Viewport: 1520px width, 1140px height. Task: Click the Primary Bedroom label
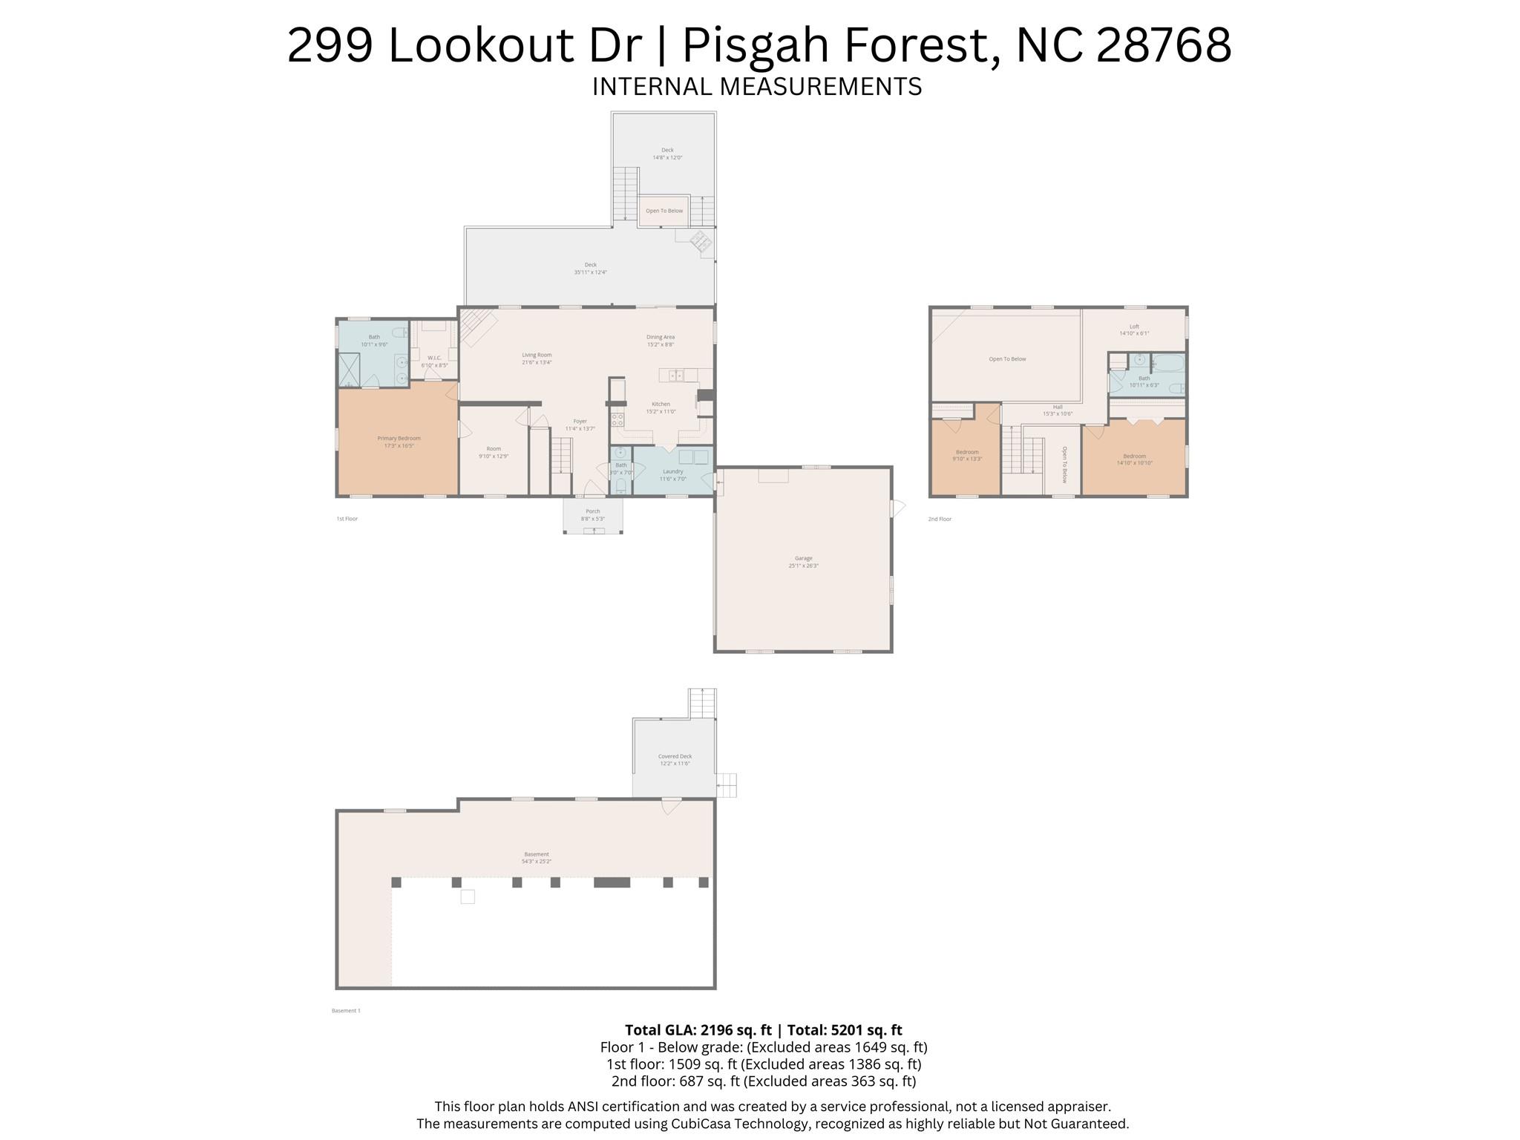pos(399,439)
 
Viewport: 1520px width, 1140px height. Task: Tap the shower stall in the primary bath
pos(349,369)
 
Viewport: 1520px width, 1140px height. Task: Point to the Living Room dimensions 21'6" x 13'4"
pos(537,362)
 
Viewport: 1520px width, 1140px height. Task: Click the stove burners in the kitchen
pos(617,419)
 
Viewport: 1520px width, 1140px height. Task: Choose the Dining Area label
pos(660,337)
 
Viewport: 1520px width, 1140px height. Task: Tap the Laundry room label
pos(672,471)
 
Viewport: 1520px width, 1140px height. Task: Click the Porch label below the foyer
pos(592,511)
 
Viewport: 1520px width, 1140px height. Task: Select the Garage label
pos(803,558)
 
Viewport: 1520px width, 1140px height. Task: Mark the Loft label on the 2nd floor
pos(1134,327)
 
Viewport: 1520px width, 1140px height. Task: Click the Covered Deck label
pos(675,756)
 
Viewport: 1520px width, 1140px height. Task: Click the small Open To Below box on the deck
pos(664,211)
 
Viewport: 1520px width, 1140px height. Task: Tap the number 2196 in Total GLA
pos(716,1030)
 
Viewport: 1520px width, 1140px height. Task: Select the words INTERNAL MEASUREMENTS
pos(756,87)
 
